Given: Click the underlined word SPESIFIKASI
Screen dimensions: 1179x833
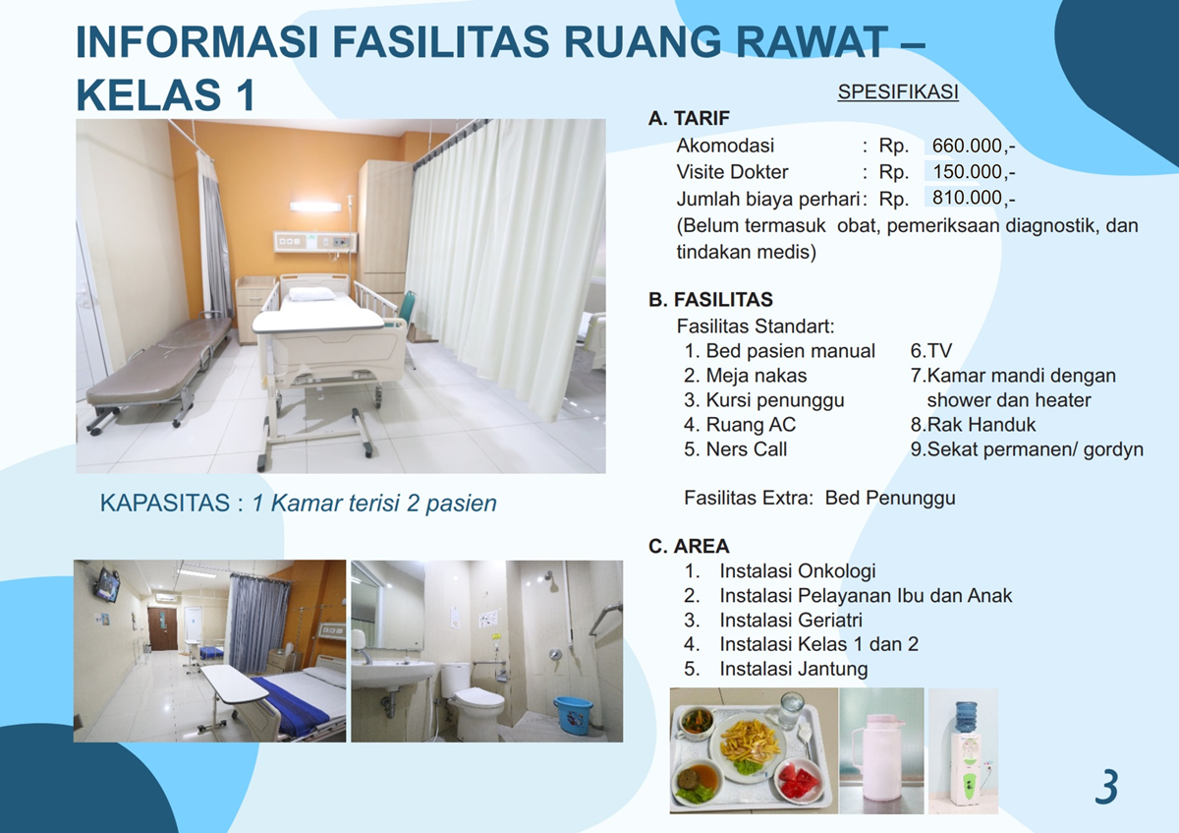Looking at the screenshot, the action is point(898,91).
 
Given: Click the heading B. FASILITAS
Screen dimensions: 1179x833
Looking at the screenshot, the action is point(710,299).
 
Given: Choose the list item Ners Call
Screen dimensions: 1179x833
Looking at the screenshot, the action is point(746,448).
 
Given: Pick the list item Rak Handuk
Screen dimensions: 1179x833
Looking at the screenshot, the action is point(982,424).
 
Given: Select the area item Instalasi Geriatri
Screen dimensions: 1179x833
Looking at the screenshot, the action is point(791,620).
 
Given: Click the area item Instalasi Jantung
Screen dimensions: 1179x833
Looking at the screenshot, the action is point(794,669).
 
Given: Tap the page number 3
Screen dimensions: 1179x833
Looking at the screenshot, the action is point(1106,787).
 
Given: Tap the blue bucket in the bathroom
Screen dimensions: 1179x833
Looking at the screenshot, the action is point(573,714).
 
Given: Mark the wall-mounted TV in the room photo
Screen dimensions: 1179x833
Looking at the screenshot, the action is point(107,584).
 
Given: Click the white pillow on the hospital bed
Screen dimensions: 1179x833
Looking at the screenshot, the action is point(311,294).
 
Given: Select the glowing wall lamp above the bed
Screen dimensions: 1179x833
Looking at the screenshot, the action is point(315,207).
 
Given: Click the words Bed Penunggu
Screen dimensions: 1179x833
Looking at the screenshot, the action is point(890,498).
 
